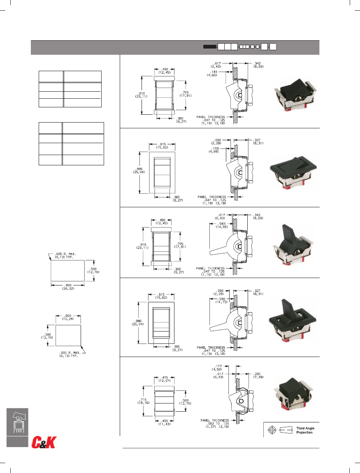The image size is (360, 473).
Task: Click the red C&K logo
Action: [44, 442]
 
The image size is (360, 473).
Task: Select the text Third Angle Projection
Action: [305, 430]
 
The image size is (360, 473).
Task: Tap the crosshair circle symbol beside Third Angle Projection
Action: [271, 430]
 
